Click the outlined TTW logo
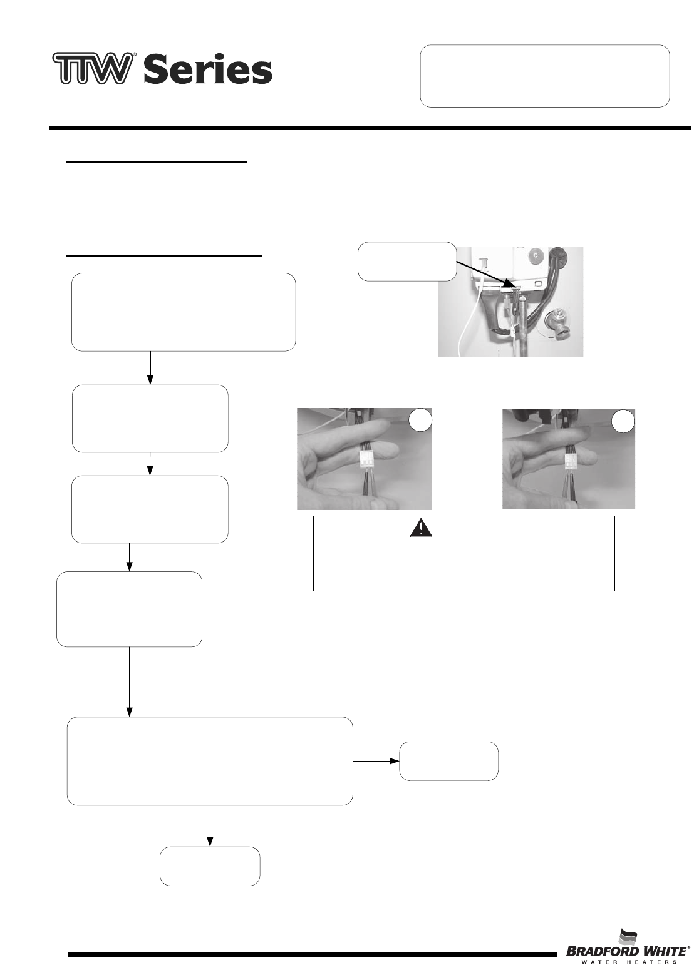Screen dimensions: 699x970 (x=93, y=68)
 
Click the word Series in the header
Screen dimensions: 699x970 (x=207, y=70)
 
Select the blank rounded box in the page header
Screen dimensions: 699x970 (x=544, y=76)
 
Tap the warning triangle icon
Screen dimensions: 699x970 (x=421, y=529)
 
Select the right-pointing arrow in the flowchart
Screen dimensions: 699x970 (x=376, y=761)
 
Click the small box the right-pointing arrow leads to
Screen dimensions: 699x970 (x=448, y=761)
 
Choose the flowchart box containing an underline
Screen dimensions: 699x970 (x=150, y=509)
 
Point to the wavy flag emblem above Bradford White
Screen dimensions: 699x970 (x=630, y=937)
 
